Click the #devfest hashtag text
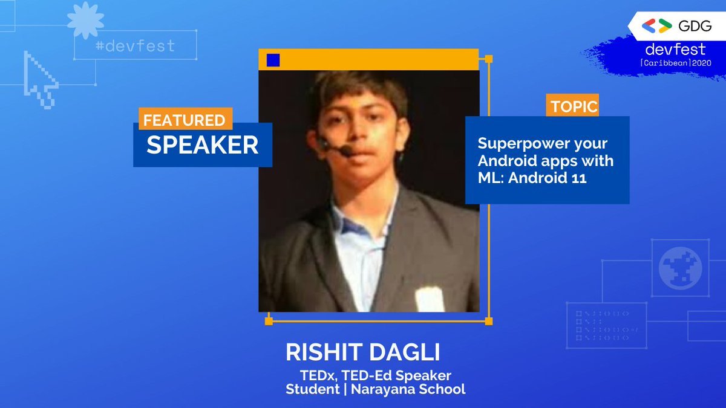click(x=135, y=46)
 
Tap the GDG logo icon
click(x=657, y=25)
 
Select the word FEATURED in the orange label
click(x=184, y=120)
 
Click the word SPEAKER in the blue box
click(x=202, y=144)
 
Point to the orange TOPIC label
click(x=572, y=106)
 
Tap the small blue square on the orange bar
click(x=273, y=60)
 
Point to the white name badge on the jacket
click(x=429, y=299)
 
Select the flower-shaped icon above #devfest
click(x=85, y=20)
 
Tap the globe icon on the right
click(x=679, y=268)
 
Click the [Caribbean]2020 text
click(x=675, y=63)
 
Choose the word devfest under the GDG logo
click(x=675, y=50)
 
